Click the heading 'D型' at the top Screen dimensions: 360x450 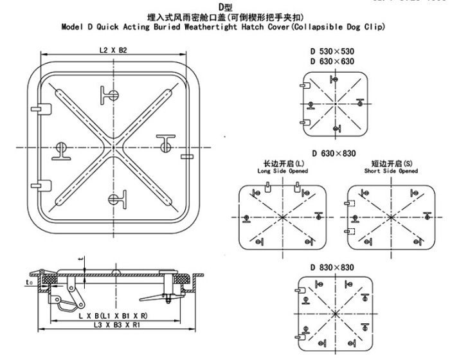[x=225, y=6]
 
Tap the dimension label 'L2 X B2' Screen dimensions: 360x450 [x=113, y=50]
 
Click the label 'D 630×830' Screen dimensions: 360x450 [x=334, y=153]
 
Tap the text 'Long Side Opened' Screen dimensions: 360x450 [x=282, y=172]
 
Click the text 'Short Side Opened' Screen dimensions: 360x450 [x=391, y=172]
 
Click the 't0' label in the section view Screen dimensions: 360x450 [x=29, y=281]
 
